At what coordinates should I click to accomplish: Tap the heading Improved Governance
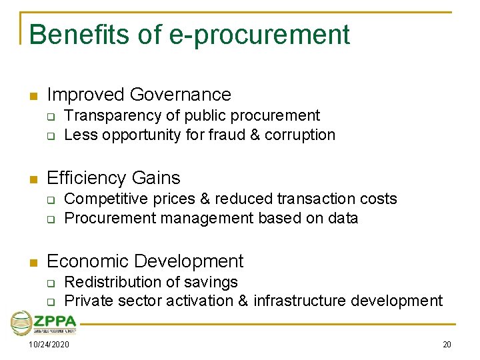pyautogui.click(x=139, y=95)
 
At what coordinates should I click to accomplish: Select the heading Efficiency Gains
pyautogui.click(x=113, y=178)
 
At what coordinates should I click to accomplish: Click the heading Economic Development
pyautogui.click(x=145, y=261)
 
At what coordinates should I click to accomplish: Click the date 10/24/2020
pyautogui.click(x=49, y=345)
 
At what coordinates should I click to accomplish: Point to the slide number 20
pyautogui.click(x=447, y=345)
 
